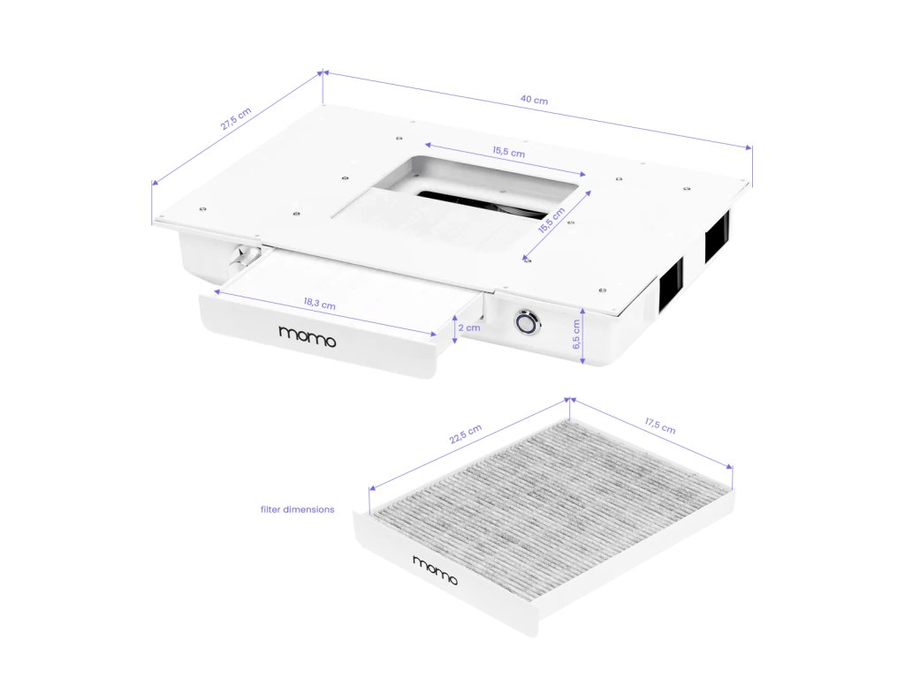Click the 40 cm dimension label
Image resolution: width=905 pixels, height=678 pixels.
[x=534, y=100]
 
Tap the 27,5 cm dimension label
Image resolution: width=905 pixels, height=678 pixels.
[x=236, y=119]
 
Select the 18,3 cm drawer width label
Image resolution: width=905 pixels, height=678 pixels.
[x=319, y=303]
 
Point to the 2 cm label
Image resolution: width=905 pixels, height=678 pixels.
[x=469, y=328]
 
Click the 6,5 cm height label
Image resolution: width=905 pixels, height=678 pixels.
[x=576, y=335]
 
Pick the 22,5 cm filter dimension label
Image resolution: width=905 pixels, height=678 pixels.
[x=465, y=434]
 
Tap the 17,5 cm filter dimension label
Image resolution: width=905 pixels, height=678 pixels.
[x=660, y=426]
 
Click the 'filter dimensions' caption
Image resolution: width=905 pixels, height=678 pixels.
[x=297, y=509]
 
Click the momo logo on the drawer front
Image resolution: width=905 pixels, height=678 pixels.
[x=307, y=336]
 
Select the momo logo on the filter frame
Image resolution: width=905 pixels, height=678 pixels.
[x=435, y=570]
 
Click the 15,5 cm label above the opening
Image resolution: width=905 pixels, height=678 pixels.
[x=508, y=152]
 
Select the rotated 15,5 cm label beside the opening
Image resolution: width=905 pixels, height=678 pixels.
[x=551, y=220]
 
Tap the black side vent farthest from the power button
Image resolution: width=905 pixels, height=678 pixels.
[x=717, y=236]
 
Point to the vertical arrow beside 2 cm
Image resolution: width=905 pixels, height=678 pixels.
[x=455, y=329]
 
